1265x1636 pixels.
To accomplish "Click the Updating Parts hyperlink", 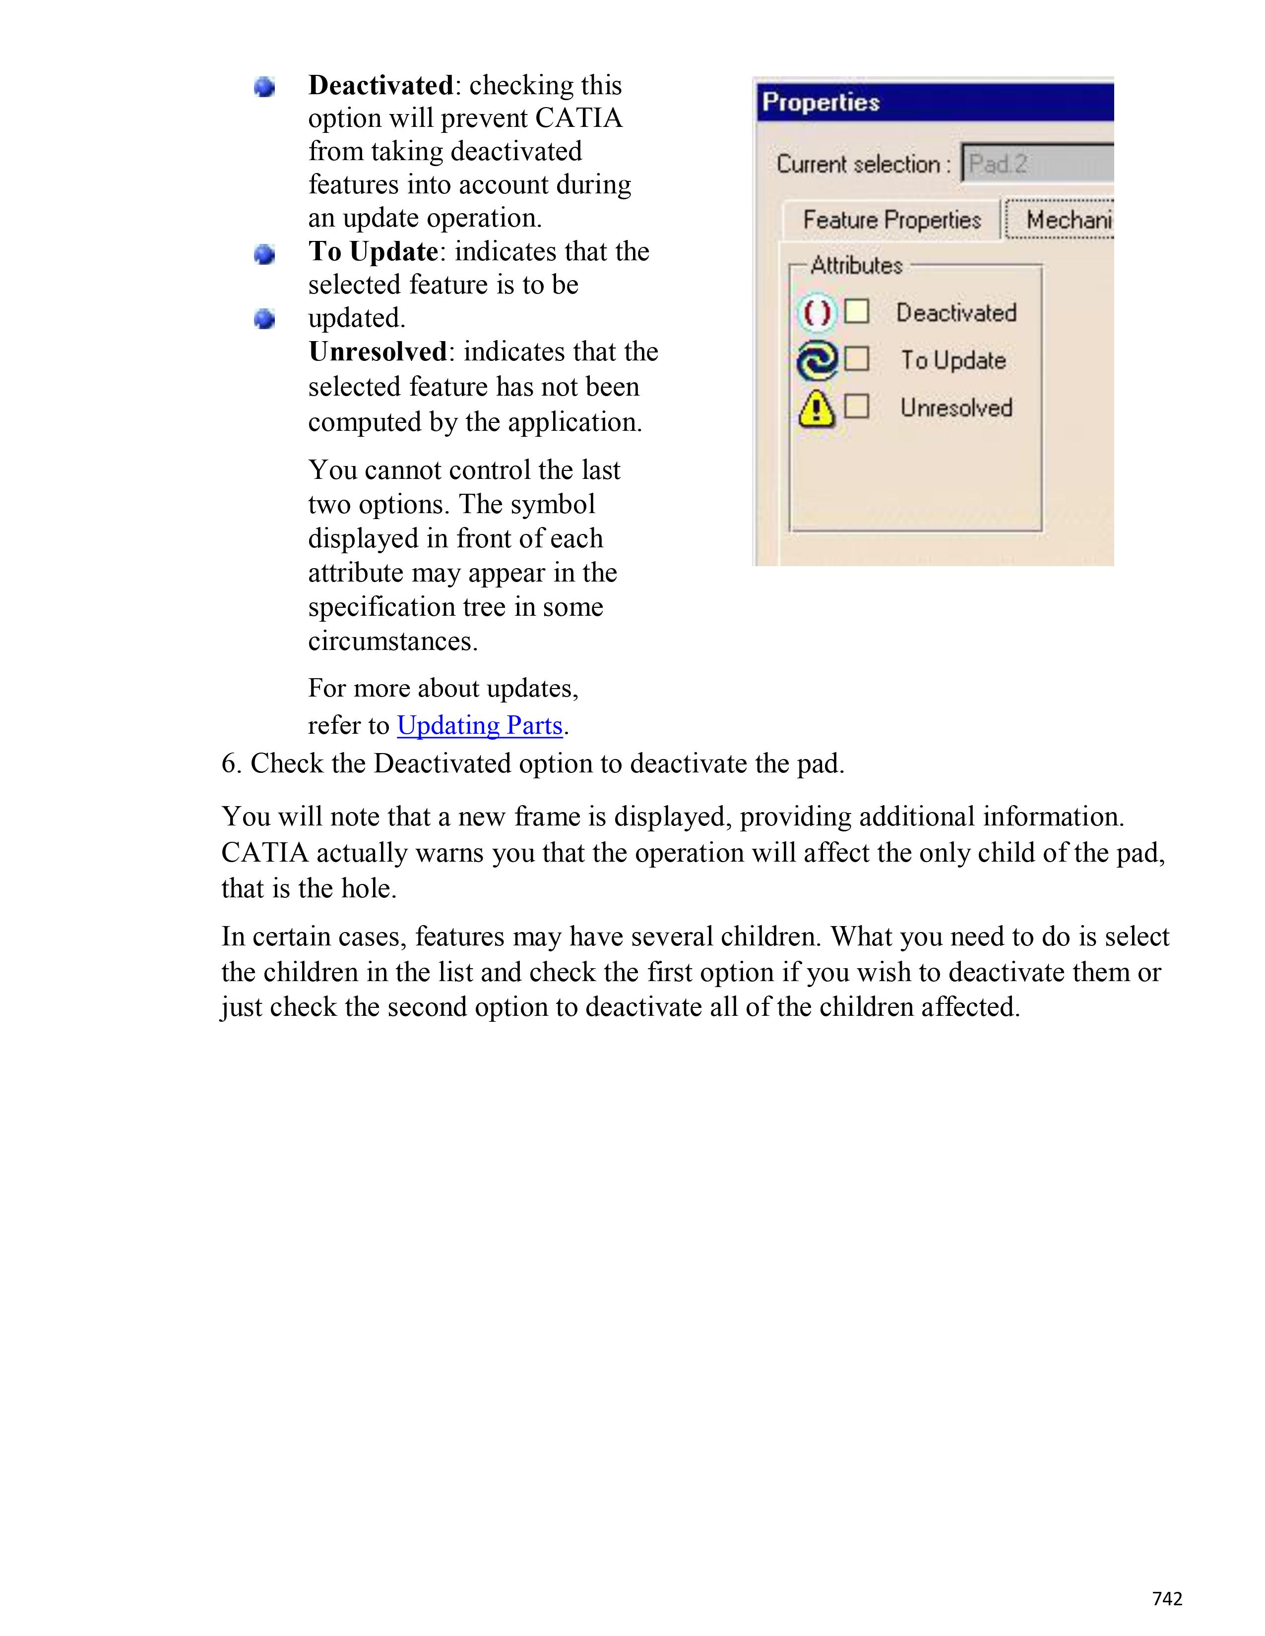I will coord(480,725).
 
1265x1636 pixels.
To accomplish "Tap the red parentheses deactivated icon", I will coord(816,312).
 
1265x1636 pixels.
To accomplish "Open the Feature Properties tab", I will coord(891,220).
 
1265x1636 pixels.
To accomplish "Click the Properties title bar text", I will coord(821,102).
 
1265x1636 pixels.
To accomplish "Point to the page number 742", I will coord(1167,1598).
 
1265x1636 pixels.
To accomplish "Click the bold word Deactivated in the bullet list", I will coord(380,85).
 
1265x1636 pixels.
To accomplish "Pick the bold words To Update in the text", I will coord(373,252).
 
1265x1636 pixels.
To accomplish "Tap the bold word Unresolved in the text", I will coord(378,351).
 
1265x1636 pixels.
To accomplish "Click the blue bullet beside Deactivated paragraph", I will coord(264,88).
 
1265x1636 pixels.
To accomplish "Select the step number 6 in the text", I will coord(229,763).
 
